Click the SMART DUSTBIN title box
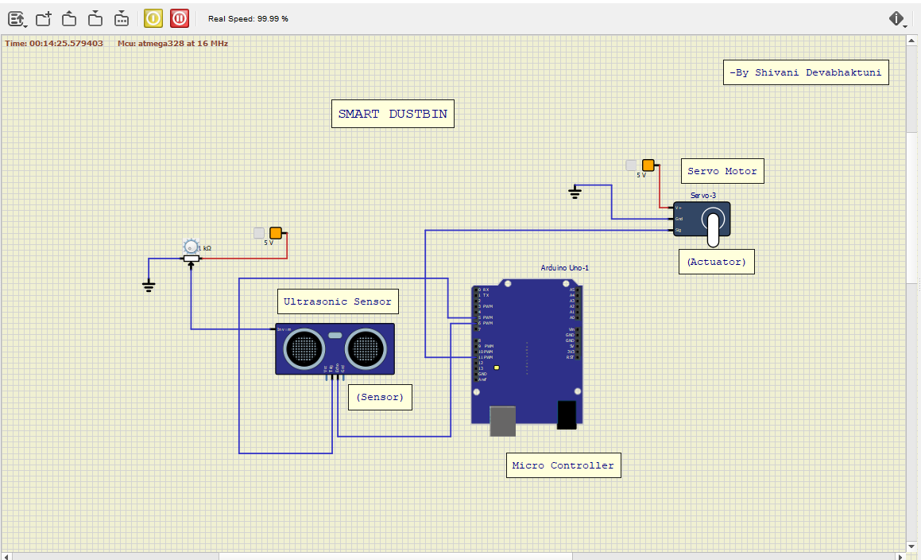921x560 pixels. click(393, 114)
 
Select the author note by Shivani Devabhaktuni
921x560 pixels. click(807, 72)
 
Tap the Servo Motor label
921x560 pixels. click(722, 171)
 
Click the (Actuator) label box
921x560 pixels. click(716, 262)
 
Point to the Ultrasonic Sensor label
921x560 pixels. click(338, 301)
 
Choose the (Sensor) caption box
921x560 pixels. click(380, 396)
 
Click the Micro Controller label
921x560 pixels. click(563, 465)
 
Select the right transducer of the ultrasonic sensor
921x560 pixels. click(365, 347)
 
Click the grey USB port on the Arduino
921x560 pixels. click(502, 421)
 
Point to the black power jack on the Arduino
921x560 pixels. click(567, 414)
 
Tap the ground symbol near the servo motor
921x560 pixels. click(575, 192)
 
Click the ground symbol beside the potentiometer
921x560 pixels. click(149, 286)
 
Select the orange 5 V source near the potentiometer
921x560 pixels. click(276, 233)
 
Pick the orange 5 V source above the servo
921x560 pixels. click(648, 165)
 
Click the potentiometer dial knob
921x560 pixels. click(190, 247)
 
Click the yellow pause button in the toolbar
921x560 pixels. click(153, 17)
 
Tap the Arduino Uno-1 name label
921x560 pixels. click(565, 268)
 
